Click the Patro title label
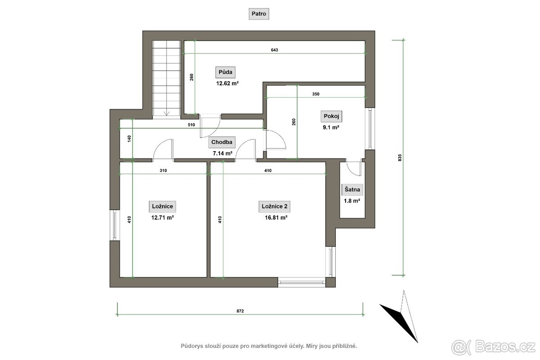click(x=259, y=14)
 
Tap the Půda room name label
click(x=225, y=72)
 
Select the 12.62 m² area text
click(x=227, y=83)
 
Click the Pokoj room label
click(x=331, y=116)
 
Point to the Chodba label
click(x=222, y=142)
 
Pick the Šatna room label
click(x=352, y=189)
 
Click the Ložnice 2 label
click(x=274, y=207)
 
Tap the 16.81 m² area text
click(x=276, y=218)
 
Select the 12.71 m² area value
click(x=162, y=218)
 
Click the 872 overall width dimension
click(x=240, y=311)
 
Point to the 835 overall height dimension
click(x=400, y=157)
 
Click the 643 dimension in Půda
click(x=274, y=50)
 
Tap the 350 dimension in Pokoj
click(x=316, y=94)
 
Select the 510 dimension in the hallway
click(x=191, y=125)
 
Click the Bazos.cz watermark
click(x=493, y=347)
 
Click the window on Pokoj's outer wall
click(x=370, y=128)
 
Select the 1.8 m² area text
click(x=352, y=201)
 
